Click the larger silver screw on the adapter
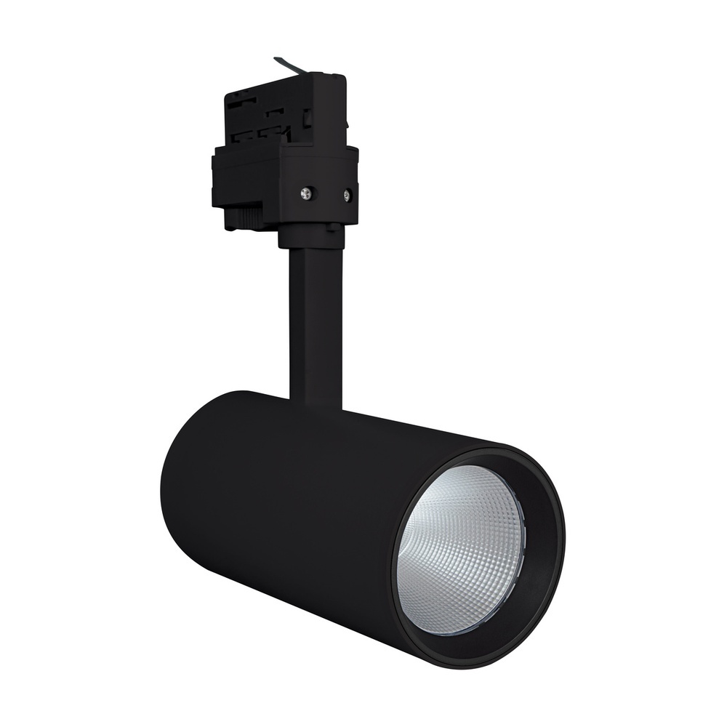(306, 193)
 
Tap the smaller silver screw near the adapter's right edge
(348, 194)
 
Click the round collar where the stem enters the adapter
(311, 236)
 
